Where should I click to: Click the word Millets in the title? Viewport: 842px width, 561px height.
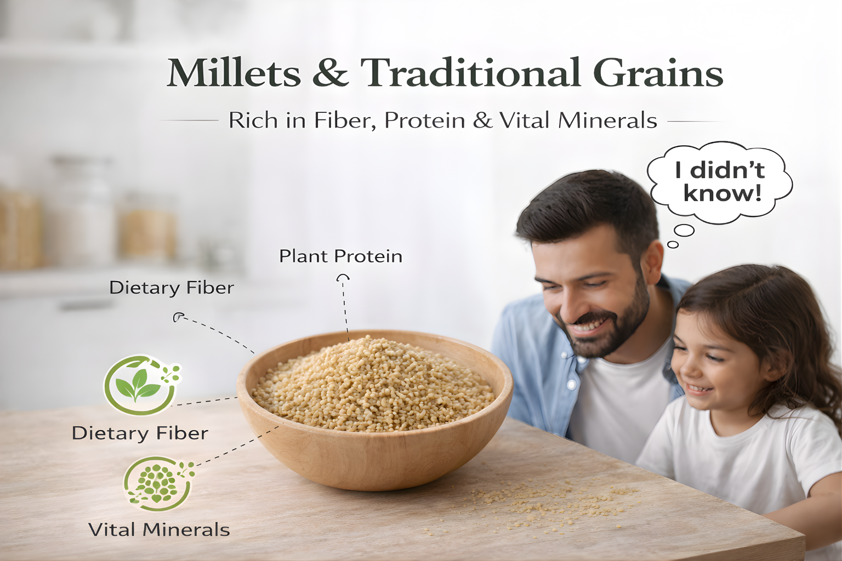(x=234, y=72)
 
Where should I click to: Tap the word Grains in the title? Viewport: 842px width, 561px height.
(x=658, y=72)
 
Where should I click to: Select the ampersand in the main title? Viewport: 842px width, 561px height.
(x=331, y=72)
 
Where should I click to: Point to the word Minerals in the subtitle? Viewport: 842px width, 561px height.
(x=607, y=121)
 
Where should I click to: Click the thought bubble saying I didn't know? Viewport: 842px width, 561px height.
(x=720, y=183)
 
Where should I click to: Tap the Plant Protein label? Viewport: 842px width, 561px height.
(x=340, y=256)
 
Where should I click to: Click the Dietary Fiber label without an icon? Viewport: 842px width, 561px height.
(x=172, y=288)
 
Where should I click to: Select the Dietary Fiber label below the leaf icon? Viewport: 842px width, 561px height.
(x=140, y=433)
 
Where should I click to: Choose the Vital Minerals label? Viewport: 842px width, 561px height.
(x=159, y=530)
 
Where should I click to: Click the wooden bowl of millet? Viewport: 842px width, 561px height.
(x=375, y=410)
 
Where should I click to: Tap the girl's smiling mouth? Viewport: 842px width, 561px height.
(x=698, y=388)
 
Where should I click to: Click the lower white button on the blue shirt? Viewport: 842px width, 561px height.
(x=571, y=385)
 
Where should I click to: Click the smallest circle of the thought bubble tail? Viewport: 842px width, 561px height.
(x=673, y=244)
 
